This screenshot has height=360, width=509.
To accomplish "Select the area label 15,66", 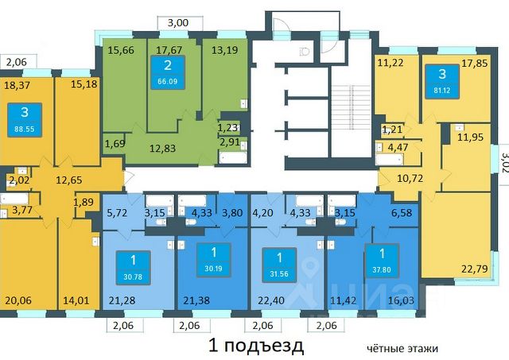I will pos(120,51).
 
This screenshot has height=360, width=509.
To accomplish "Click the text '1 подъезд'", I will pos(255,346).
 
